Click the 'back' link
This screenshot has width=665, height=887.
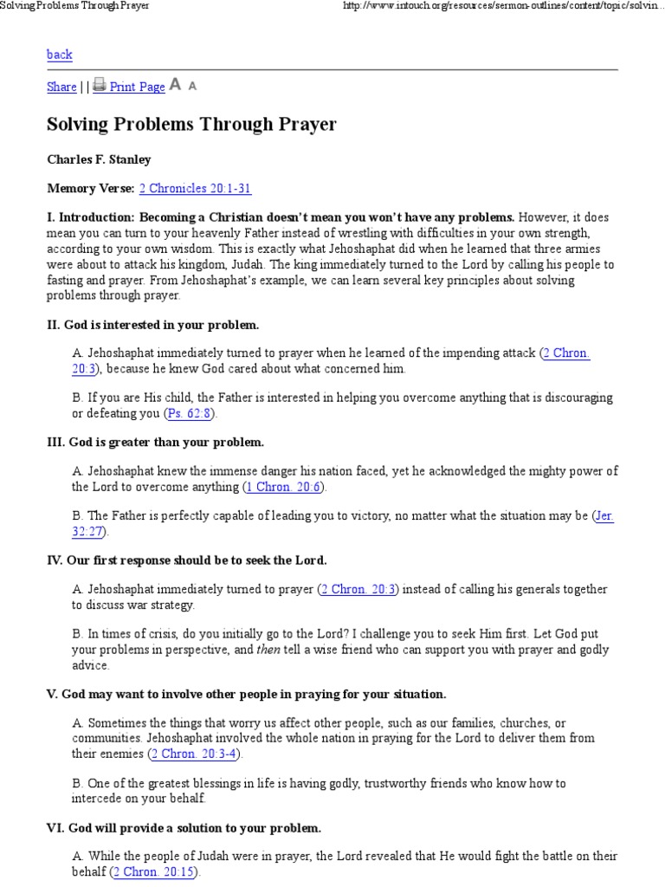(59, 55)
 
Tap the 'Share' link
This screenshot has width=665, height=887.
(61, 87)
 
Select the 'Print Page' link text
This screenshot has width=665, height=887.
(137, 87)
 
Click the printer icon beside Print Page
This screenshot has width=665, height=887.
(100, 85)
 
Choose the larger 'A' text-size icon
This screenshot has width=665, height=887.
(175, 84)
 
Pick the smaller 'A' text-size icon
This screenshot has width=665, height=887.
(192, 86)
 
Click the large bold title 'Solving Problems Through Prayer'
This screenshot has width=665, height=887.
(191, 125)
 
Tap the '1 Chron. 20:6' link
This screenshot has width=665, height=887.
(285, 487)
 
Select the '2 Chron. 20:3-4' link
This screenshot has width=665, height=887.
(195, 754)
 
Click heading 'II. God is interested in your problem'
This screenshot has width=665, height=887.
(152, 325)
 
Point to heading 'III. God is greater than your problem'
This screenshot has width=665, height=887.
(155, 442)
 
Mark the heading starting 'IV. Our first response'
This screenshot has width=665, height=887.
(186, 560)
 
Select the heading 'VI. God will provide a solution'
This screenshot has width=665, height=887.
(184, 827)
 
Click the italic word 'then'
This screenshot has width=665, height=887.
(268, 650)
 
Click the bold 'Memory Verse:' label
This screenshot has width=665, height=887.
(90, 188)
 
